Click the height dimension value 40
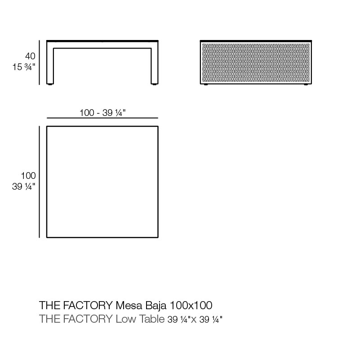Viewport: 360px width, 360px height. pyautogui.click(x=30, y=56)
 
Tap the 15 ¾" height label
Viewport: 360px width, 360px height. pyautogui.click(x=24, y=67)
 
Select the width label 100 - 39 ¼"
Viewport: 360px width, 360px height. pyautogui.click(x=102, y=113)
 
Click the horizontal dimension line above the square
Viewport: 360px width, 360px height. pyautogui.click(x=102, y=118)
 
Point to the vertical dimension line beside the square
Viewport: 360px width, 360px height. pyautogui.click(x=39, y=182)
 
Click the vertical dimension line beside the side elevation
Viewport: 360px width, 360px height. pyautogui.click(x=39, y=62)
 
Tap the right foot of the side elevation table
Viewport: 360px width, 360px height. pyautogui.click(x=155, y=84)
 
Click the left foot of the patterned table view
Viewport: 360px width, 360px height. pyautogui.click(x=206, y=84)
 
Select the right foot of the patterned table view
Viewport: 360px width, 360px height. pyautogui.click(x=306, y=84)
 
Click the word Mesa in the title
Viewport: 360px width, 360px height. pyautogui.click(x=129, y=305)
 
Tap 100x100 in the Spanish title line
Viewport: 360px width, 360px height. pyautogui.click(x=191, y=305)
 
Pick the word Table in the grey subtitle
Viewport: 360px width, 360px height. pyautogui.click(x=152, y=319)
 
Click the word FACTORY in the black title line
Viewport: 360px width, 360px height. pyautogui.click(x=88, y=305)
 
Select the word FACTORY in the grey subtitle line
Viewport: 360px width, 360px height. pyautogui.click(x=88, y=319)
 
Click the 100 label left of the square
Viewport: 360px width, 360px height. pyautogui.click(x=28, y=176)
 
